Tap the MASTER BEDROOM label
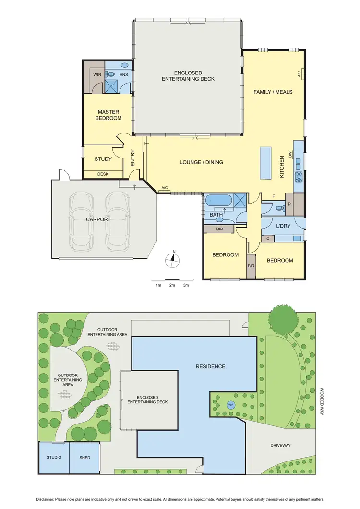(108, 115)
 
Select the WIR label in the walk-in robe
(97, 75)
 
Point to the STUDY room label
(103, 159)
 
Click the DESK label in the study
(103, 174)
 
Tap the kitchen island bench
(265, 162)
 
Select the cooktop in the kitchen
(299, 176)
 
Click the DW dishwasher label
(291, 154)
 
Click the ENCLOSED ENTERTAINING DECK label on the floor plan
(188, 75)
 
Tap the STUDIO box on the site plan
(54, 457)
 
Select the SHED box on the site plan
(84, 457)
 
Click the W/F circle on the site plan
(231, 405)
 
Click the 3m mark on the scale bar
(186, 285)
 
